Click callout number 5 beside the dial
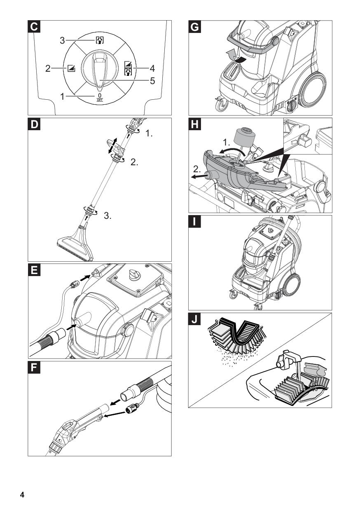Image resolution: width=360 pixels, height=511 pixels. tap(152, 81)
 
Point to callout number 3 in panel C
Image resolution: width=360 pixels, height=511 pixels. tap(62, 41)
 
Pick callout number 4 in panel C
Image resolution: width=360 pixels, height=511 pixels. tap(152, 67)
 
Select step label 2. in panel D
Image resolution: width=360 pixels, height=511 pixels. tap(134, 162)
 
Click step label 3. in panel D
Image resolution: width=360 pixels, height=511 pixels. tap(108, 216)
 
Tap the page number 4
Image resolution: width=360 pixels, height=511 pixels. tap(23, 494)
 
